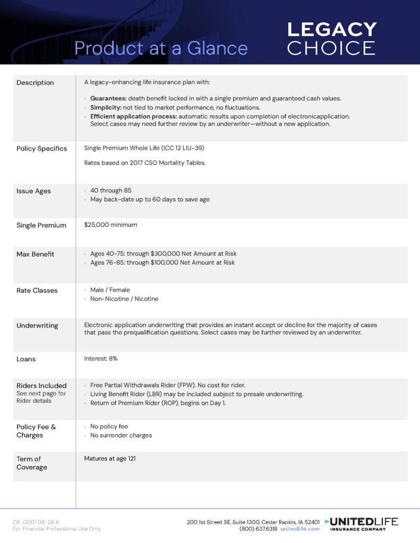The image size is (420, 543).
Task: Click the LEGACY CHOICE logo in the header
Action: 332,38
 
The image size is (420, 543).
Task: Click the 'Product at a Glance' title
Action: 161,48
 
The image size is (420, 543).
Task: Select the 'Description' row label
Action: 35,83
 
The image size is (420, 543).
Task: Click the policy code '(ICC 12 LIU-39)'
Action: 181,148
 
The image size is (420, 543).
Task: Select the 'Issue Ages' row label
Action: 33,191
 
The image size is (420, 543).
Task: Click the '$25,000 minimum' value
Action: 110,225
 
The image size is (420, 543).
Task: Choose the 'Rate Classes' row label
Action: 37,291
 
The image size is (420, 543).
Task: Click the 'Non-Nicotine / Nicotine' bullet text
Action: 124,299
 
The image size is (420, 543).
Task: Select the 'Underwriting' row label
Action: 37,326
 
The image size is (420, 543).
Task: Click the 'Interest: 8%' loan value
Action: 101,359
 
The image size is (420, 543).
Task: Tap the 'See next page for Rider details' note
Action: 41,397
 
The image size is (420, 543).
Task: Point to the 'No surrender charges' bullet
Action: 121,435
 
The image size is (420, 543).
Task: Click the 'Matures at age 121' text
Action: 110,459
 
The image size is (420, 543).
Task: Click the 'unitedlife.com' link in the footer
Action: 300,529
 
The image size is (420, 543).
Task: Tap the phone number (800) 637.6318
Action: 258,529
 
